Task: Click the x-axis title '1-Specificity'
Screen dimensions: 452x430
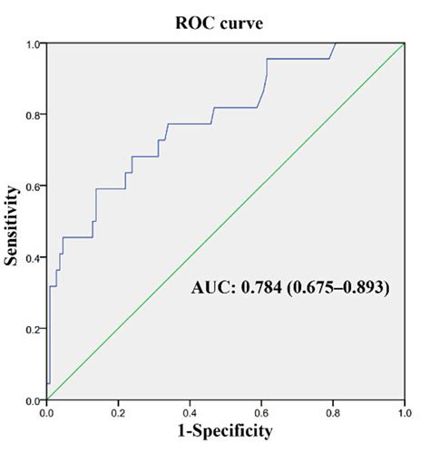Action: (225, 431)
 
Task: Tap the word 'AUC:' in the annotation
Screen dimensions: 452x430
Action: (213, 289)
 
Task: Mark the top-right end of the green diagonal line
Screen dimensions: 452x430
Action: (403, 44)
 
